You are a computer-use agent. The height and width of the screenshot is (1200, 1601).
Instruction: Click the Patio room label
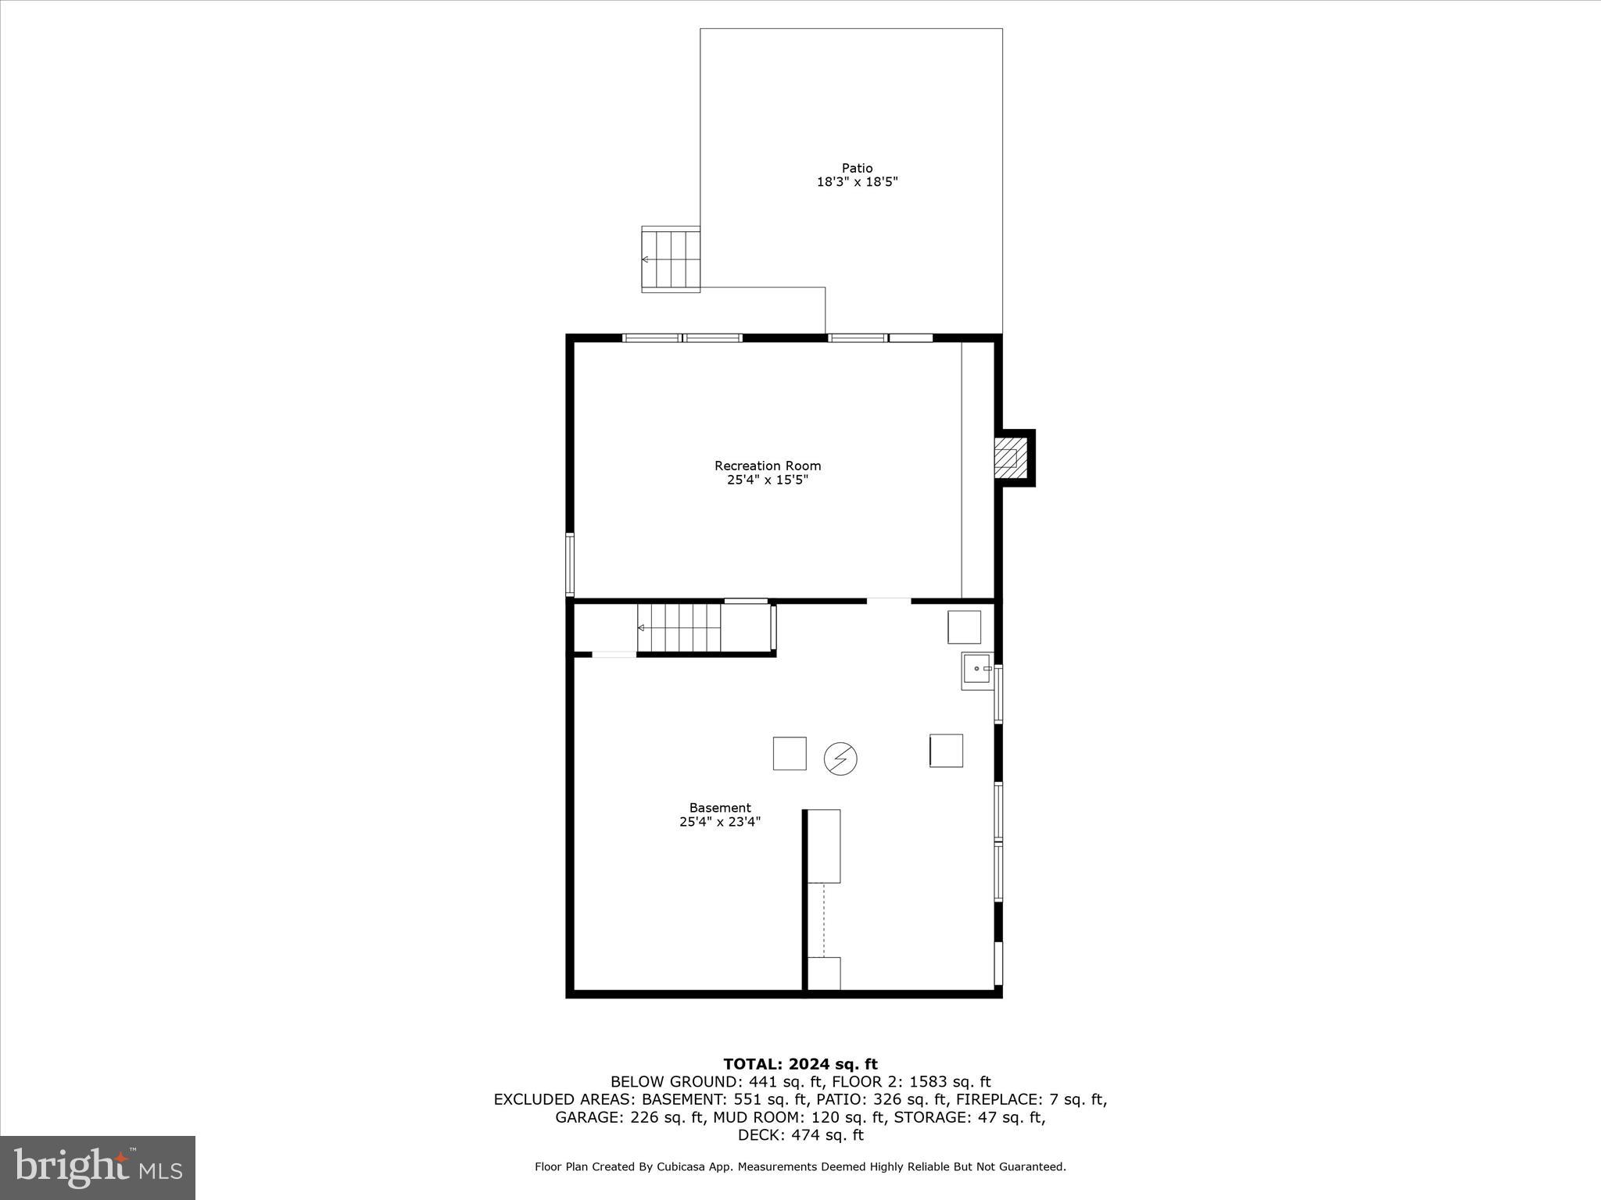857,168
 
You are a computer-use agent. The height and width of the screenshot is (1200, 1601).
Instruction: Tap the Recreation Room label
768,466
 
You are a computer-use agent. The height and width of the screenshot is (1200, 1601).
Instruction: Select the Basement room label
720,808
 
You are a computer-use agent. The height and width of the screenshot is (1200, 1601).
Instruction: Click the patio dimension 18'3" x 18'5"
857,182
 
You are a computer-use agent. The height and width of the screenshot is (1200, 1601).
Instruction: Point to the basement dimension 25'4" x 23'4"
720,822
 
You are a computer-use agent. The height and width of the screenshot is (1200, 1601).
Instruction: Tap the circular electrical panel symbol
840,759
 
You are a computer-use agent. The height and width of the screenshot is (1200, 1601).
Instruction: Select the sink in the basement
977,672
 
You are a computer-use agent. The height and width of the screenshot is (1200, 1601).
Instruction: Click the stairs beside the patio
671,259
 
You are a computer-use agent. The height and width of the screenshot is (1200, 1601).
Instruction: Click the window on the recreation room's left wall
570,565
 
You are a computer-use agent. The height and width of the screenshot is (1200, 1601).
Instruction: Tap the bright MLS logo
98,1167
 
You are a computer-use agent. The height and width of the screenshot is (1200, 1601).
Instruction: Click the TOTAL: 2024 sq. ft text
800,1064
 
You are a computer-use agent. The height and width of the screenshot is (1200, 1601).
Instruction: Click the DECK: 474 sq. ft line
800,1135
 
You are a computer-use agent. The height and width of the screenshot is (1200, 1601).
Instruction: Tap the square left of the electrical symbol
790,753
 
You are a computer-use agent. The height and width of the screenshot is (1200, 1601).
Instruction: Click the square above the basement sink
964,627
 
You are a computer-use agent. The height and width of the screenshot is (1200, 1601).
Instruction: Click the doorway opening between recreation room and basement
889,601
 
